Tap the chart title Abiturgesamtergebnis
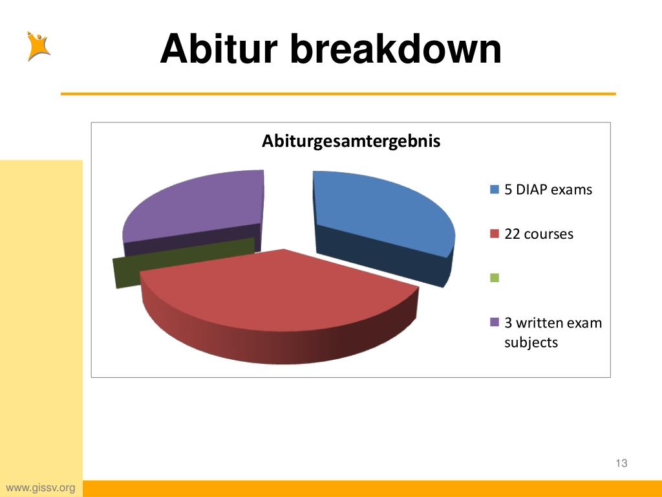tap(350, 141)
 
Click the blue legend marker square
tap(495, 190)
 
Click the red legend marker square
tap(495, 234)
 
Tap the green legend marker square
tap(495, 278)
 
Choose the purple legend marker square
tap(495, 322)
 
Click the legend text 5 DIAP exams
tap(548, 190)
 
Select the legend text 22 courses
tap(539, 234)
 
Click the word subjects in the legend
tap(531, 342)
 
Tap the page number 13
tap(622, 463)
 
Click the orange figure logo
tap(38, 46)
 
